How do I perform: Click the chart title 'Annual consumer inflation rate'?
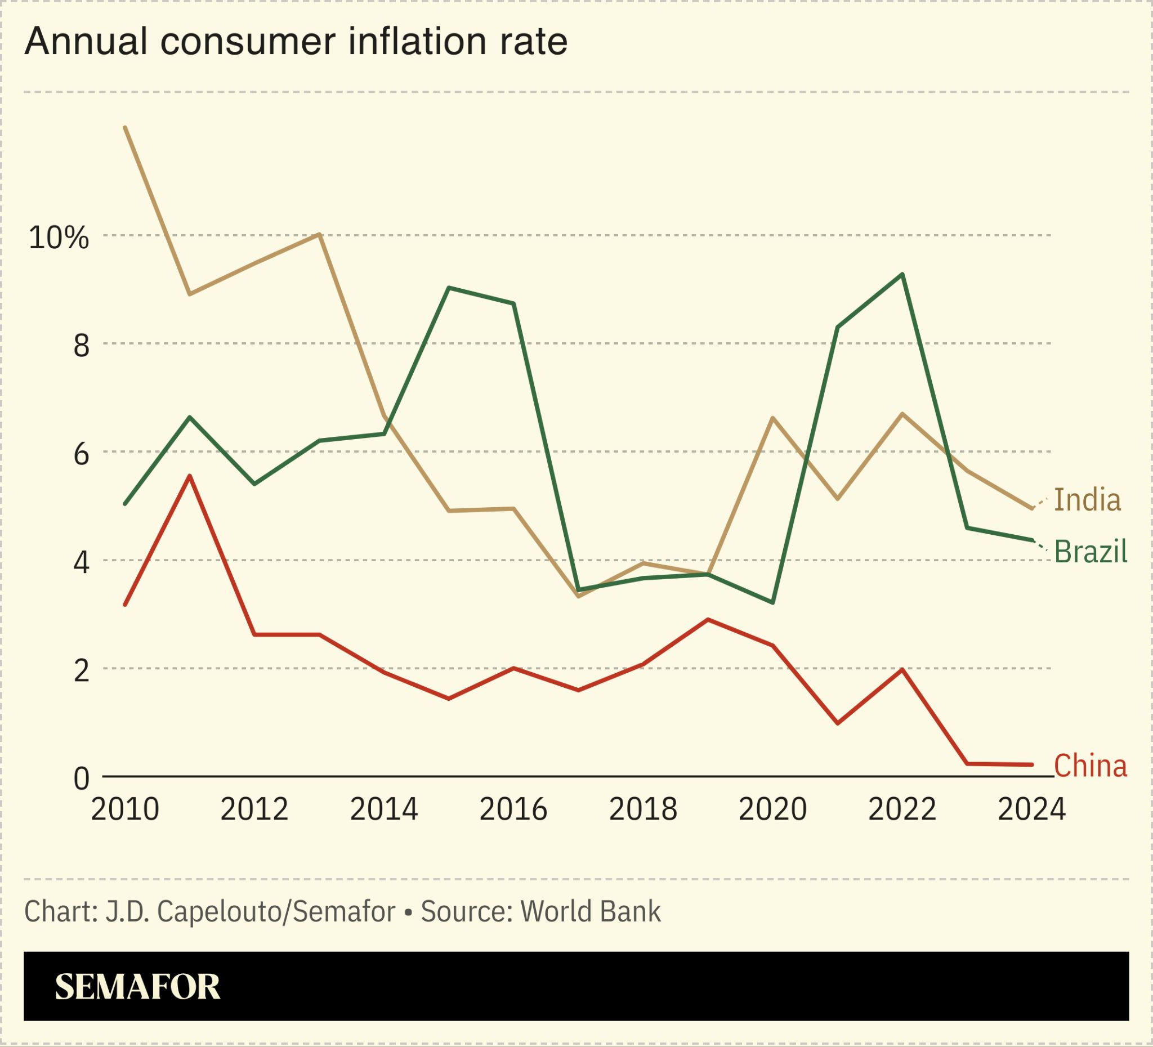[x=296, y=42]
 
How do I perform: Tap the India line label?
[x=1087, y=500]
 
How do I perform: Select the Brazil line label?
[x=1090, y=552]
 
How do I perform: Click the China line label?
[x=1090, y=766]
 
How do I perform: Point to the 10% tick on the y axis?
[x=59, y=238]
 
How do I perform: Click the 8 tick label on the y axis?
[x=81, y=346]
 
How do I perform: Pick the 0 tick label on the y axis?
[x=81, y=778]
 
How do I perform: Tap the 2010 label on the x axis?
[x=124, y=809]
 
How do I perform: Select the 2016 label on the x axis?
[x=513, y=809]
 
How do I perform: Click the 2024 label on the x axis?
[x=1031, y=809]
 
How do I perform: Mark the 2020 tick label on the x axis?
[x=772, y=809]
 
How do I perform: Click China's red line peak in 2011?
[x=190, y=476]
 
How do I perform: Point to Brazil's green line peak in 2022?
[x=902, y=275]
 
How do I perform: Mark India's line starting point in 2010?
[x=125, y=128]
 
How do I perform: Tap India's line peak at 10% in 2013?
[x=319, y=234]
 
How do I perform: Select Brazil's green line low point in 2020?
[x=772, y=603]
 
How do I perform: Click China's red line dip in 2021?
[x=837, y=723]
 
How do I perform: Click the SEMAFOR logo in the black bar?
[x=137, y=986]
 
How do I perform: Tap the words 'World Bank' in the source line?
[x=590, y=911]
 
